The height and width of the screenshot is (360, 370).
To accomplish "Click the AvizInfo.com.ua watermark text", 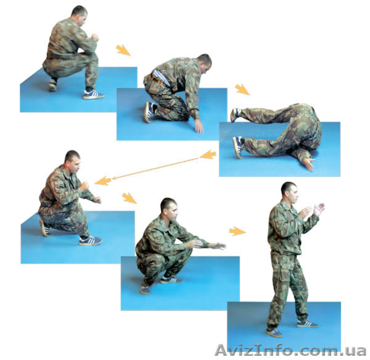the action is (x=290, y=350).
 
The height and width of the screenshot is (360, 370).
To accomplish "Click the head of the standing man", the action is (x=290, y=193).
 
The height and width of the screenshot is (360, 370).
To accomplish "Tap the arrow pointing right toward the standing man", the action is (x=237, y=231).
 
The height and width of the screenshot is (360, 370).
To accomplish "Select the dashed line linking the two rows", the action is (x=155, y=169).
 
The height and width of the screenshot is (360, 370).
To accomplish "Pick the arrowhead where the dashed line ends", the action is (x=103, y=181).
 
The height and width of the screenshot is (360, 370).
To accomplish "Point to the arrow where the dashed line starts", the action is (x=208, y=154).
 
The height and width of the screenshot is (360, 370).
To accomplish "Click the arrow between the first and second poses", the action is (x=123, y=50).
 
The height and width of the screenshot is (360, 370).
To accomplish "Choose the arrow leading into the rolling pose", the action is (x=242, y=89).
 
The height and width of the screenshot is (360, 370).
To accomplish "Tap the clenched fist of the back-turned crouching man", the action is (x=95, y=37).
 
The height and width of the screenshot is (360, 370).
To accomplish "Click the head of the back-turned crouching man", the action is (x=80, y=16).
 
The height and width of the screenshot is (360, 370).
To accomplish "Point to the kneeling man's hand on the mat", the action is (x=199, y=126).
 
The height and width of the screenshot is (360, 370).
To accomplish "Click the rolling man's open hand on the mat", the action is (x=309, y=164).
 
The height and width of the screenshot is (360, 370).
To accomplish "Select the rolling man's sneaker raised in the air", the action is (x=237, y=115).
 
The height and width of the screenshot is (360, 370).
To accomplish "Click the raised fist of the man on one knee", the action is (x=83, y=185).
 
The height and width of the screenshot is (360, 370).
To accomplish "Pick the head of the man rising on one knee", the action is (x=73, y=161).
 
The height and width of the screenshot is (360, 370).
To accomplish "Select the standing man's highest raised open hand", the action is (x=319, y=209).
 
